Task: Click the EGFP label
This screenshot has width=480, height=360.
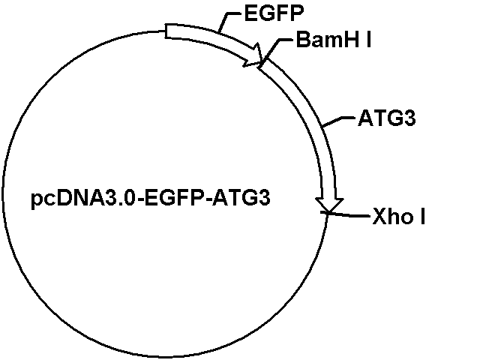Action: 274,13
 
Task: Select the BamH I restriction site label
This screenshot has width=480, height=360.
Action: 334,40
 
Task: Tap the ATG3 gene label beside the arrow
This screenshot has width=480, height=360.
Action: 387,118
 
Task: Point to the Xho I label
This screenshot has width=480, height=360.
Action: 399,217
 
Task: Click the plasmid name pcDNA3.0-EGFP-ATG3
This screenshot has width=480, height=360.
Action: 151,198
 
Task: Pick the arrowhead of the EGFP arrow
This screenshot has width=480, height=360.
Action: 254,55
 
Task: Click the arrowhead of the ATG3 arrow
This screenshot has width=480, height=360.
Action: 329,205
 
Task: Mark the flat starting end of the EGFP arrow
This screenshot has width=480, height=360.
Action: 166,31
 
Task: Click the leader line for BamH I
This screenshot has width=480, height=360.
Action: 275,46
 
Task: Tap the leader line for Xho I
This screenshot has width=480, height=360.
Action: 349,215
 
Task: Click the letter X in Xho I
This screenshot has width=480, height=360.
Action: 379,217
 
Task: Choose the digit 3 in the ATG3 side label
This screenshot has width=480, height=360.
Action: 410,118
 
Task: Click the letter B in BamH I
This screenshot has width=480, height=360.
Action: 303,40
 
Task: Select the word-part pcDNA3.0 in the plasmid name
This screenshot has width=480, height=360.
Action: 83,198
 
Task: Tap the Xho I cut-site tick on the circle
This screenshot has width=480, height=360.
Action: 327,212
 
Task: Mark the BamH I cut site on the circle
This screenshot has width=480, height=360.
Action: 262,63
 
